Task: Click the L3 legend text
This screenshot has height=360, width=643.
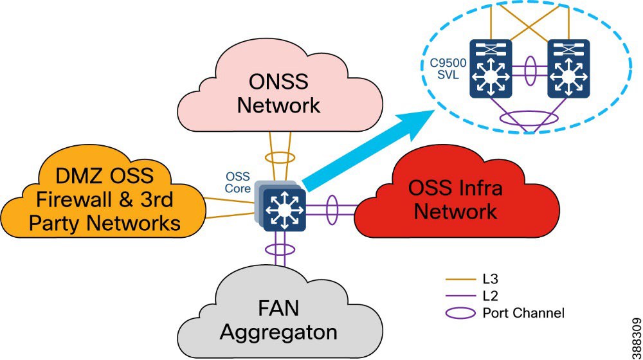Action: click(491, 281)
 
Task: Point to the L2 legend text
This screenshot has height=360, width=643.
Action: click(491, 297)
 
